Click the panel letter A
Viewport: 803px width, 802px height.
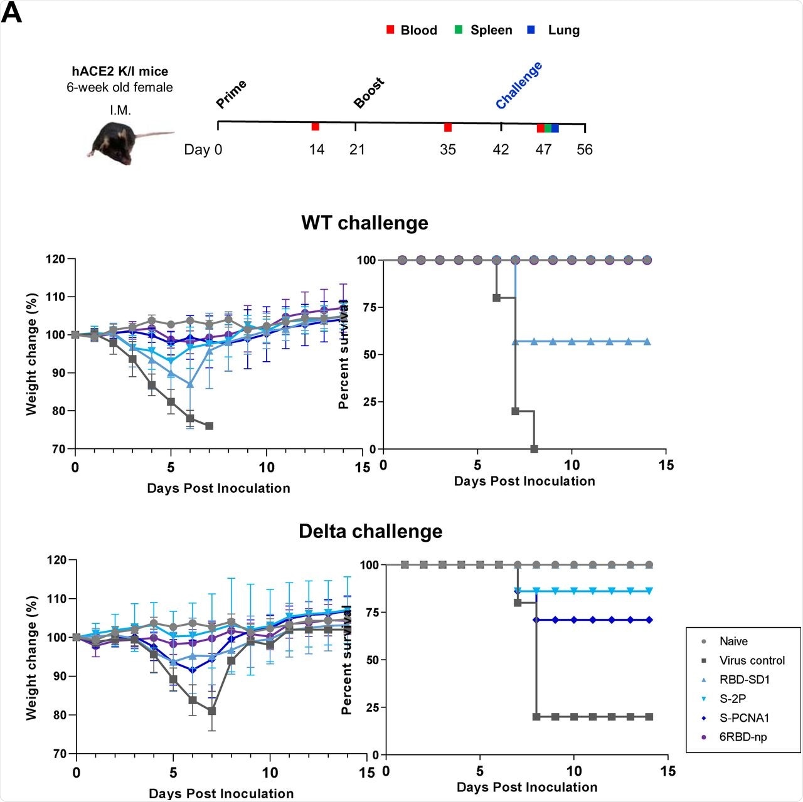[x=11, y=13]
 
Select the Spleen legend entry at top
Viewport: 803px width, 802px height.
[x=484, y=30]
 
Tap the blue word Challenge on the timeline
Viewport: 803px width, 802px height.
[x=519, y=86]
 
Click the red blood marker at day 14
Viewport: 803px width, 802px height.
[x=316, y=127]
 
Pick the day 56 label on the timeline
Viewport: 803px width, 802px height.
[x=585, y=150]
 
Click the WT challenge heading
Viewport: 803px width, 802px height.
[x=364, y=223]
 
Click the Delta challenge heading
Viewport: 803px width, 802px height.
[x=370, y=532]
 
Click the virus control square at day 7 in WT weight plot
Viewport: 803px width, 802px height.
[x=209, y=426]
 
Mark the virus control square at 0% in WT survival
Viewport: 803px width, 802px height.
[x=534, y=449]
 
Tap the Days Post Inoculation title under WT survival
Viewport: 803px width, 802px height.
[x=524, y=482]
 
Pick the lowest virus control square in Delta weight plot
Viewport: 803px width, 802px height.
[x=212, y=711]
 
